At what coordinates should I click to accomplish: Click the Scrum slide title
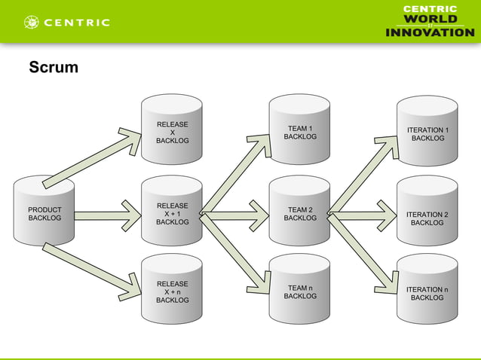point(53,69)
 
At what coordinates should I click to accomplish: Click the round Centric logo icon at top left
point(32,23)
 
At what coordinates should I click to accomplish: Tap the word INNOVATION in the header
point(430,32)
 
